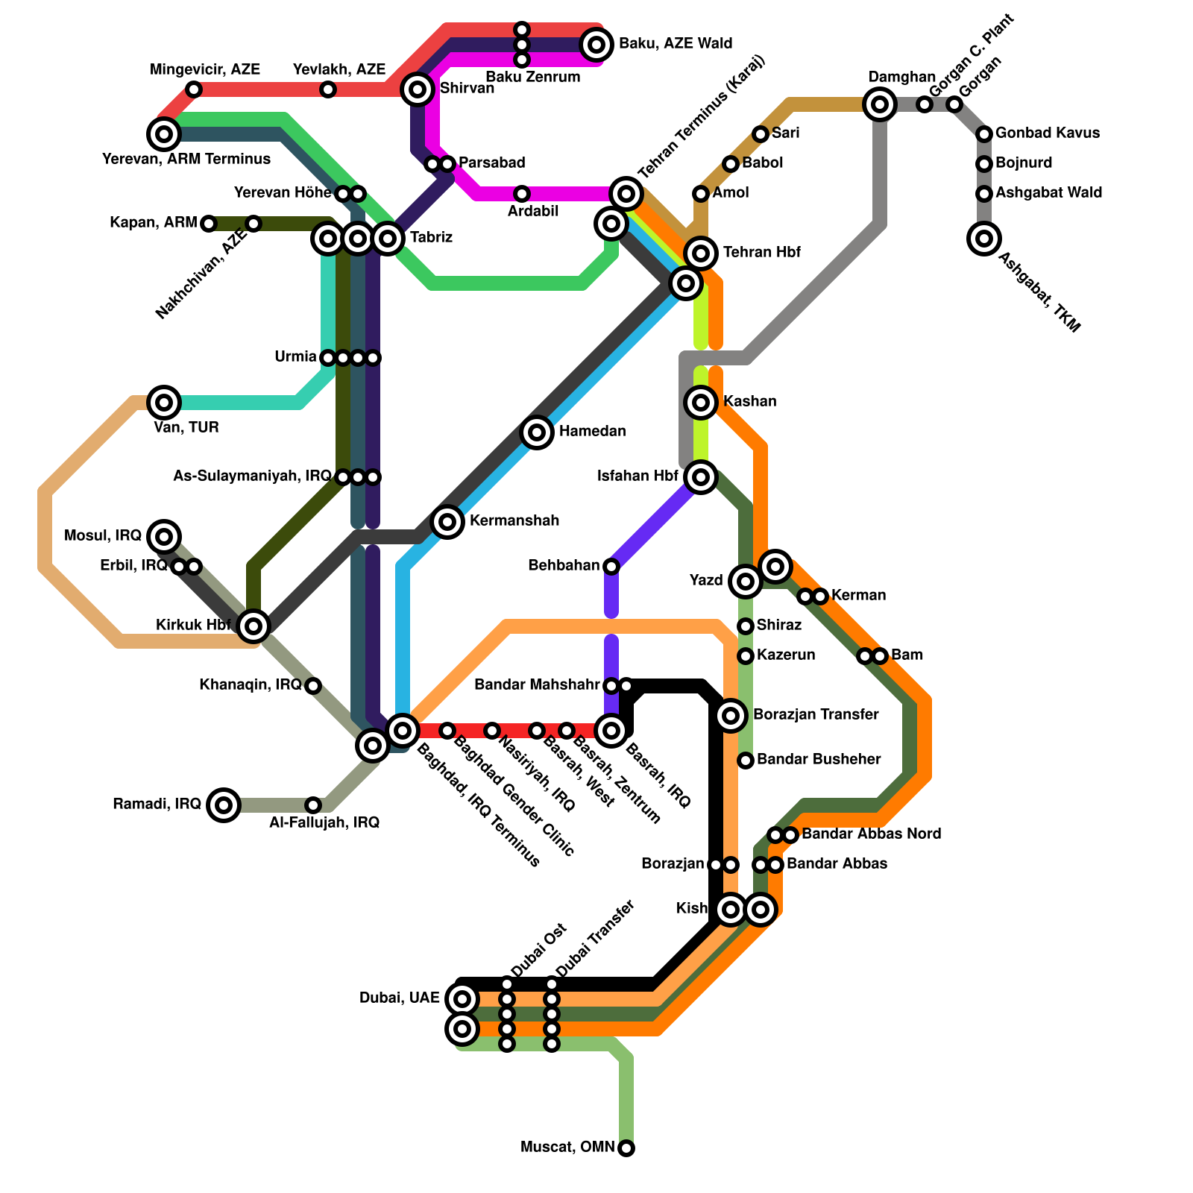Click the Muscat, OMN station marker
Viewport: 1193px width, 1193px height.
click(626, 1148)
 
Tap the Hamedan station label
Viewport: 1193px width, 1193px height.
click(592, 432)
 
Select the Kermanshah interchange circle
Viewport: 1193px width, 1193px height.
click(447, 521)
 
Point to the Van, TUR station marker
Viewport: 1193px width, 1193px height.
click(164, 403)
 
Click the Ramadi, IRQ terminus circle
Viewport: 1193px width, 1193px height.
click(224, 805)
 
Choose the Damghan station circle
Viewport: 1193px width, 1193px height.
click(880, 104)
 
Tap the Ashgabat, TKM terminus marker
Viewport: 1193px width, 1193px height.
click(984, 239)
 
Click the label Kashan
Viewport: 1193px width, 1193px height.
click(749, 402)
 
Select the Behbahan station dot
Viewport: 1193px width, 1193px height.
click(611, 567)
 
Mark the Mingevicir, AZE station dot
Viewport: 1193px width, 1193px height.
click(194, 89)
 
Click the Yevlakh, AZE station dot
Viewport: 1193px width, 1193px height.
click(328, 89)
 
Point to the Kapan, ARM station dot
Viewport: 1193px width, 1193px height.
click(209, 223)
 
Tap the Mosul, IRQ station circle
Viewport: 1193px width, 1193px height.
click(164, 536)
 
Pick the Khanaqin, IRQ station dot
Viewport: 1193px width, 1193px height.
click(313, 685)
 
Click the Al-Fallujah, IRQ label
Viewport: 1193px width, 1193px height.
click(324, 823)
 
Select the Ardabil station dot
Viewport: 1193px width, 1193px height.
click(522, 194)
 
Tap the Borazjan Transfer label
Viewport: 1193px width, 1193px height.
click(815, 715)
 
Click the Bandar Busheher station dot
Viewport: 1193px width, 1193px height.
click(746, 760)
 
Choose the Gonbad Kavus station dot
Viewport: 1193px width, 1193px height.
click(984, 134)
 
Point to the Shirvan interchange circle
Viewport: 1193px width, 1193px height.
click(418, 89)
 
